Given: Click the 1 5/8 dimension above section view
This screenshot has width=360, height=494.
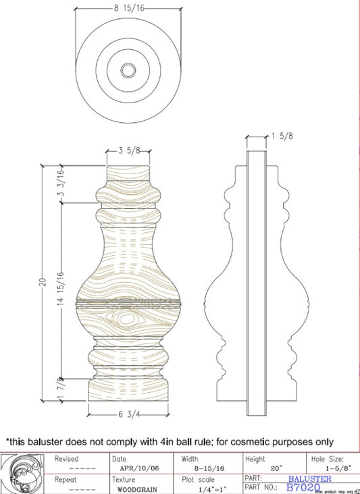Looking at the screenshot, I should tap(281, 136).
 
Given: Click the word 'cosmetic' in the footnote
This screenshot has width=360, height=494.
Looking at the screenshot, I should tap(243, 442).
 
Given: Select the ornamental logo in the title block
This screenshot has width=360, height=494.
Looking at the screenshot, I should tap(26, 473).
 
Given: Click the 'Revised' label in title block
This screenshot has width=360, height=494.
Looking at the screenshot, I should tap(66, 459).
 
